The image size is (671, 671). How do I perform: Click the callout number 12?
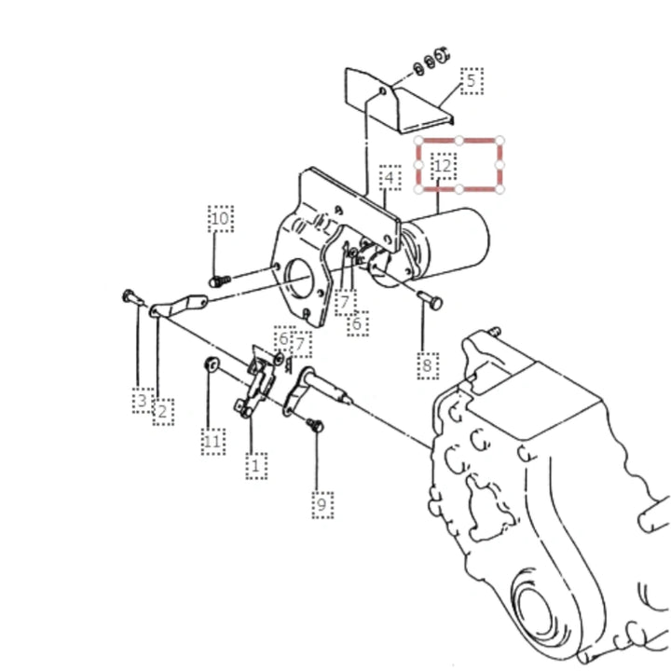pos(444,166)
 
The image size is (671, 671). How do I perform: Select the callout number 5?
pos(472,80)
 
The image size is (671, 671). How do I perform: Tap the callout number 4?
pos(390,177)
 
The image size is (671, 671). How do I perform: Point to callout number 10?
pos(220,218)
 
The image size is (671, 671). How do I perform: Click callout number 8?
pos(427,365)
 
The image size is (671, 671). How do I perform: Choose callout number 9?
pos(322,504)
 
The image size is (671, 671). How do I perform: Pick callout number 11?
pos(212,441)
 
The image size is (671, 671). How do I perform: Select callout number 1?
pos(256,465)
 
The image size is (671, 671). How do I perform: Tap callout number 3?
pos(142,401)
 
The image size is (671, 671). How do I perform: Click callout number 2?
pos(162,412)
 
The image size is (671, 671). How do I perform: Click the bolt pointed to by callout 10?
pos(220,281)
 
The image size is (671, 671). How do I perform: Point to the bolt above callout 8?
pos(430,299)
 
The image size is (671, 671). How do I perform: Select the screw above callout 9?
pos(315,425)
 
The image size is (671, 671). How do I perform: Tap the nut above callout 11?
pos(212,364)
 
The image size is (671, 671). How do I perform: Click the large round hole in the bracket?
pos(302,281)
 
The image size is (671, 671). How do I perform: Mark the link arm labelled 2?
pos(178,306)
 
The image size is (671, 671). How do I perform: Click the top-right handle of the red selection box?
pos(500,141)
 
